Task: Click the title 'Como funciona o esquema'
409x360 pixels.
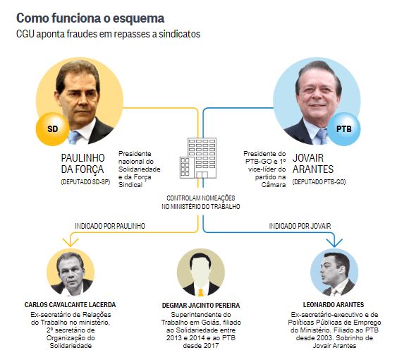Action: click(x=90, y=18)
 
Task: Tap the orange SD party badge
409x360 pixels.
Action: click(x=52, y=129)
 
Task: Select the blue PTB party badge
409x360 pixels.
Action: click(x=343, y=129)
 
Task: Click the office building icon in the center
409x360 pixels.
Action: click(x=198, y=158)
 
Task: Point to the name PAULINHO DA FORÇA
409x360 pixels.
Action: click(x=83, y=164)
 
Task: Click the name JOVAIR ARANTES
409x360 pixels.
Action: click(x=313, y=164)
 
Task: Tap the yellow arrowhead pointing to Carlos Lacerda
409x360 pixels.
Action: click(x=71, y=242)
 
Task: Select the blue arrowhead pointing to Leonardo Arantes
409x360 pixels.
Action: click(x=334, y=243)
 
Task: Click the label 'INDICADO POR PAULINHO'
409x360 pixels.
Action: click(x=110, y=226)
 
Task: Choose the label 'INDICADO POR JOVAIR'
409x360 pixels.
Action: click(x=300, y=226)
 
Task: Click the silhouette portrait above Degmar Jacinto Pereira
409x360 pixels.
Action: click(x=200, y=272)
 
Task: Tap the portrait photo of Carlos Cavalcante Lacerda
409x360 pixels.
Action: click(x=71, y=272)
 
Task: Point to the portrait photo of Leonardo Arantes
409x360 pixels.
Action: click(x=334, y=272)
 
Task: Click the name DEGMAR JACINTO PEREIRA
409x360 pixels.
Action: click(x=201, y=305)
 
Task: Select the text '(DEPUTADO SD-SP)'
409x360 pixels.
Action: click(x=85, y=182)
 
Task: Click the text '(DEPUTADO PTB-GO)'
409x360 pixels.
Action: click(x=319, y=182)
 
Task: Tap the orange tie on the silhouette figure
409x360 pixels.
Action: click(x=200, y=292)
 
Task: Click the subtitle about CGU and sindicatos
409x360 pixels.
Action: click(x=109, y=34)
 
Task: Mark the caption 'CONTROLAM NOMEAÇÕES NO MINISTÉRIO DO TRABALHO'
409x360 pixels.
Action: click(x=200, y=202)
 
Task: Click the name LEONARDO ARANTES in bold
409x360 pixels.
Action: click(x=334, y=305)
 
